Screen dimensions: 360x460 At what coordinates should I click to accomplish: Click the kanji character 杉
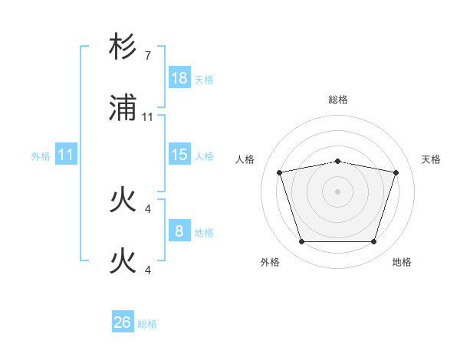(123, 47)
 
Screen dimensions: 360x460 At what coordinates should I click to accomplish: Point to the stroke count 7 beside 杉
(148, 56)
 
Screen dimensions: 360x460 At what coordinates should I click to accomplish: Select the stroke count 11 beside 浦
(148, 117)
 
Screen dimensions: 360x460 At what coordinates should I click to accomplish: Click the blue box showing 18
(179, 78)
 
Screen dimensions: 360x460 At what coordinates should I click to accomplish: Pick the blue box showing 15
(179, 155)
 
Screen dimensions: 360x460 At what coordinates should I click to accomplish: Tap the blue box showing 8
(179, 231)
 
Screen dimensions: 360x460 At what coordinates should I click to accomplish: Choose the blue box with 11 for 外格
(66, 155)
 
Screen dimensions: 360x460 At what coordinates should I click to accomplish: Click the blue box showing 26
(122, 322)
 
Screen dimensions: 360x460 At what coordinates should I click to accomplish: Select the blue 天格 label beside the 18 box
(204, 79)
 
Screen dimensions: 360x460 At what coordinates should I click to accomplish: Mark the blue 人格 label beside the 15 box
(204, 155)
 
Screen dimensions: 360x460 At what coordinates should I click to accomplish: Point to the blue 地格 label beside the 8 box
(204, 232)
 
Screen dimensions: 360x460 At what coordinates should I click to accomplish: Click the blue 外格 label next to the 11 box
(41, 155)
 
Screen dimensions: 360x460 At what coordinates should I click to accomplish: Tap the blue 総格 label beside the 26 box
(148, 323)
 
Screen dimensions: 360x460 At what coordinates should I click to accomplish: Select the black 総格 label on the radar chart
(337, 100)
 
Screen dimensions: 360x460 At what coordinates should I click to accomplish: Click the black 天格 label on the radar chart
(432, 159)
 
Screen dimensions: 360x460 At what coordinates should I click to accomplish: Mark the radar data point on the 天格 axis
(396, 172)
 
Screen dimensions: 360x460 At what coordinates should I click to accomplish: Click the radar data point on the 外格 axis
(301, 242)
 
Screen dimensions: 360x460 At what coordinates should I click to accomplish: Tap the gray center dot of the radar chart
(337, 191)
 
